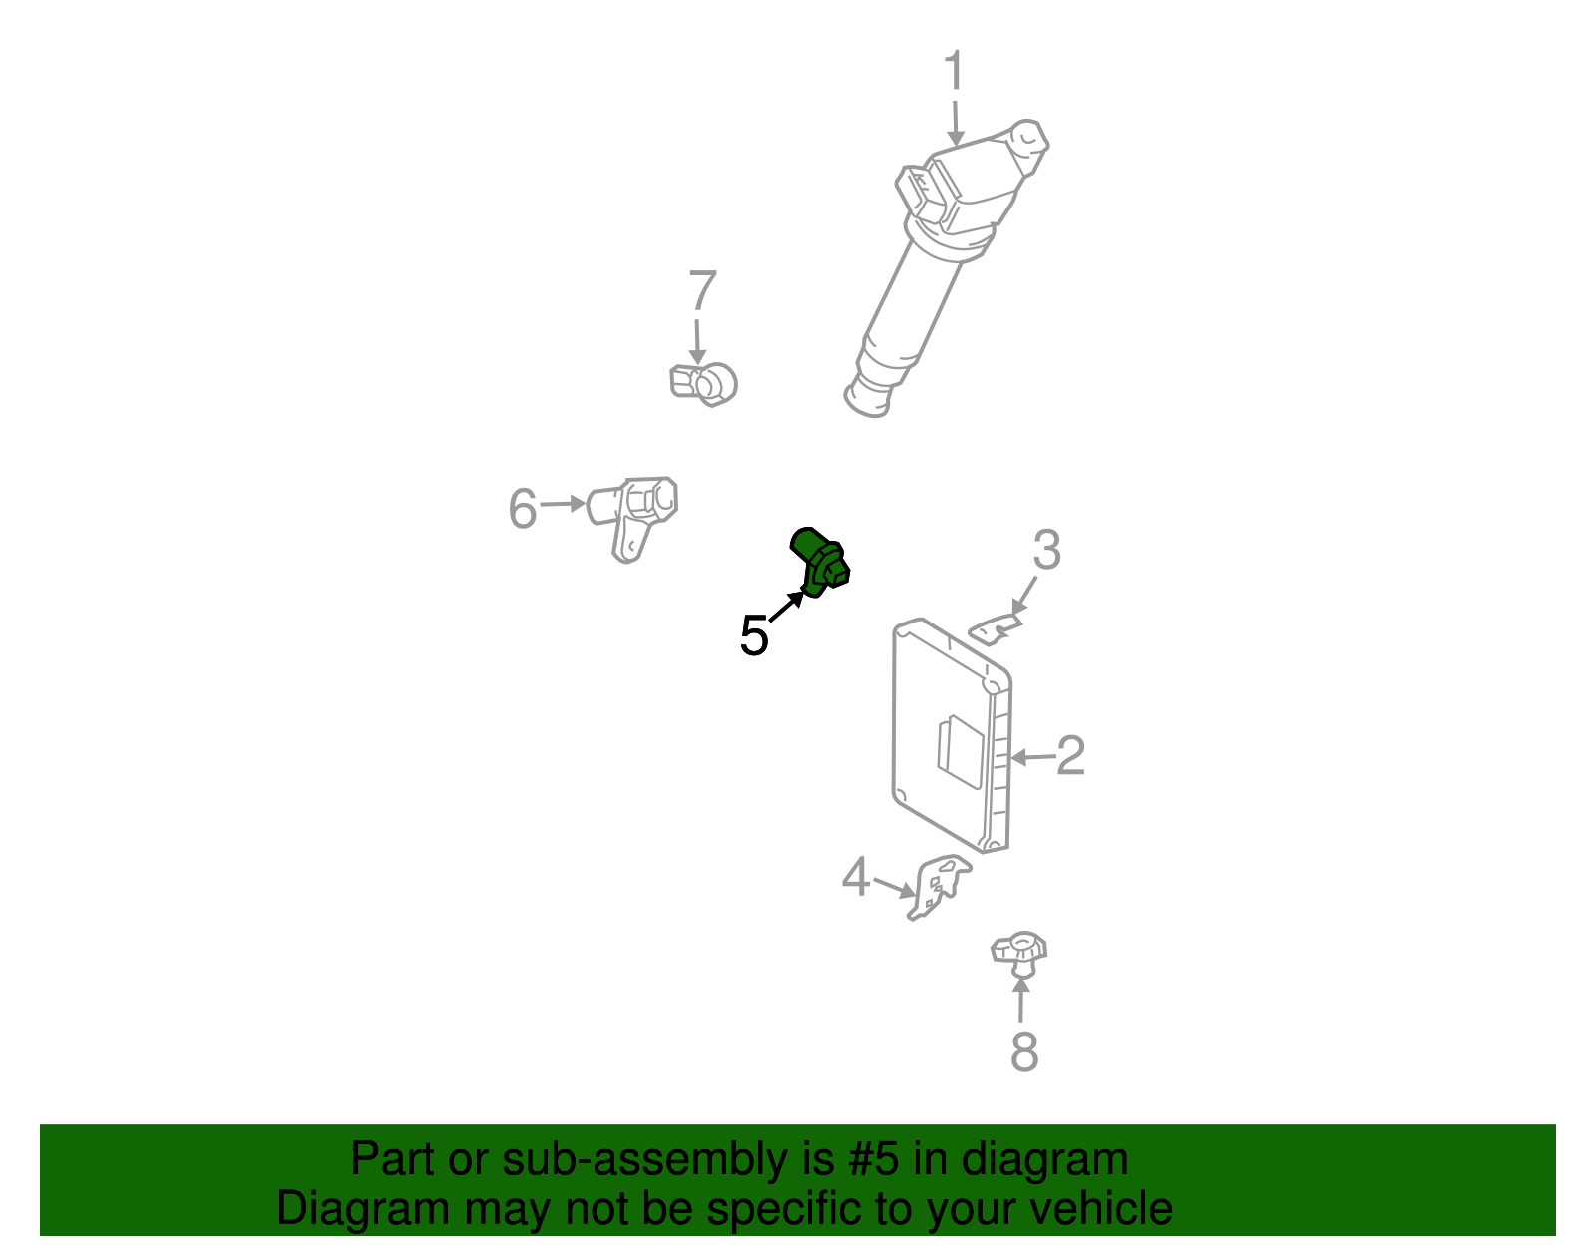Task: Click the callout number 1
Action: [x=955, y=72]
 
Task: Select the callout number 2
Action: [x=1070, y=755]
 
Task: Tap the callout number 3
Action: [x=1045, y=550]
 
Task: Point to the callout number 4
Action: [x=856, y=878]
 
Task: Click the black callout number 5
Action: [x=754, y=635]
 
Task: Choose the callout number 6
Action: [x=523, y=508]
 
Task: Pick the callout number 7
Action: [x=703, y=291]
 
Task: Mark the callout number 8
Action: [x=1024, y=1052]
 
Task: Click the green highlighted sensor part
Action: [x=819, y=562]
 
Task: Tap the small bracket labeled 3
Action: [x=996, y=629]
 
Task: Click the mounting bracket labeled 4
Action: [x=939, y=886]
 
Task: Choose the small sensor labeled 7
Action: [x=704, y=383]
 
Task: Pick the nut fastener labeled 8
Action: [x=1018, y=953]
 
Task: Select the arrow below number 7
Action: [x=697, y=339]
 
